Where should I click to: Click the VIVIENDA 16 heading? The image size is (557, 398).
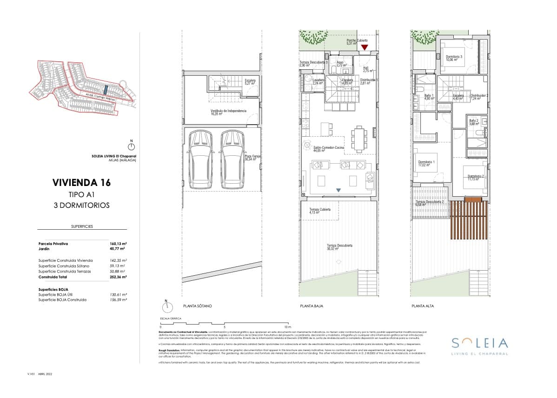tap(82, 182)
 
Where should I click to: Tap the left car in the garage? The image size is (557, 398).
tap(199, 159)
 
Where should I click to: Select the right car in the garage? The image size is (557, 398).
tap(232, 159)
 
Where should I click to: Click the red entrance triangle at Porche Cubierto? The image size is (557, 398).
tap(365, 47)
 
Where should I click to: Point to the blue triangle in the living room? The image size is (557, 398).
tap(338, 190)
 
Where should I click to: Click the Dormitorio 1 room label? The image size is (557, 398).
tap(426, 163)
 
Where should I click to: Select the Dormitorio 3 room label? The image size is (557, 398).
tap(454, 58)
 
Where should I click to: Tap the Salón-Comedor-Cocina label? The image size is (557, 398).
tap(328, 149)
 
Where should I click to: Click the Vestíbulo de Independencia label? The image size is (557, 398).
tap(228, 112)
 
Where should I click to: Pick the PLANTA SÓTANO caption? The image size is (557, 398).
tap(198, 306)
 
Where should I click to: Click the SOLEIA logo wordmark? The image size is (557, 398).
tap(480, 343)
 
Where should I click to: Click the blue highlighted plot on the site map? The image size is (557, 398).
tap(105, 89)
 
